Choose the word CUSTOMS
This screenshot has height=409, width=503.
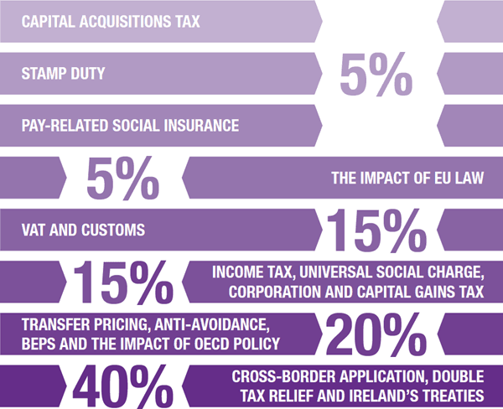(118, 229)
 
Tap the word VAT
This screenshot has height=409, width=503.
(36, 229)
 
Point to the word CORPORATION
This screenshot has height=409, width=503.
(263, 292)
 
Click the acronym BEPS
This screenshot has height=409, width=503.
(40, 344)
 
